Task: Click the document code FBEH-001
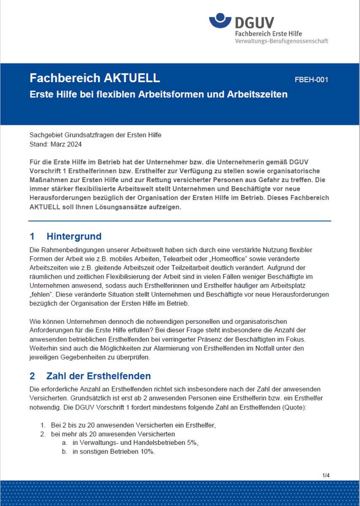click(311, 80)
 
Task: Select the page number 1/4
click(326, 475)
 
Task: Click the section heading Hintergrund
click(74, 236)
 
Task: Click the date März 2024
click(66, 144)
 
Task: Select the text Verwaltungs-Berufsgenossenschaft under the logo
click(281, 41)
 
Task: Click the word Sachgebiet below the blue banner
click(46, 135)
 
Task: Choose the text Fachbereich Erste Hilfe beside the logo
click(268, 33)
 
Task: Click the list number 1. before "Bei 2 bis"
click(43, 425)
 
